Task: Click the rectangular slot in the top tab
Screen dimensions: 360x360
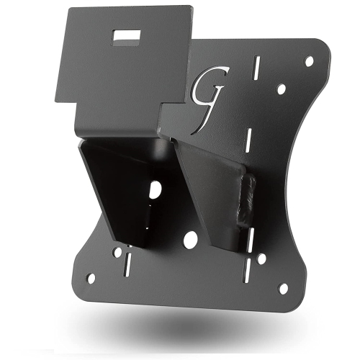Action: [x=130, y=34]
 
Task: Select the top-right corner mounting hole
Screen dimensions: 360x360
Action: [x=310, y=61]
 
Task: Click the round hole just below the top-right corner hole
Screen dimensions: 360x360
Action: [x=282, y=89]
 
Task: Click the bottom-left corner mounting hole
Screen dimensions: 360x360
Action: [x=91, y=277]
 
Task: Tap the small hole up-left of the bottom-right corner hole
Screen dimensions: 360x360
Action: [x=261, y=257]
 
